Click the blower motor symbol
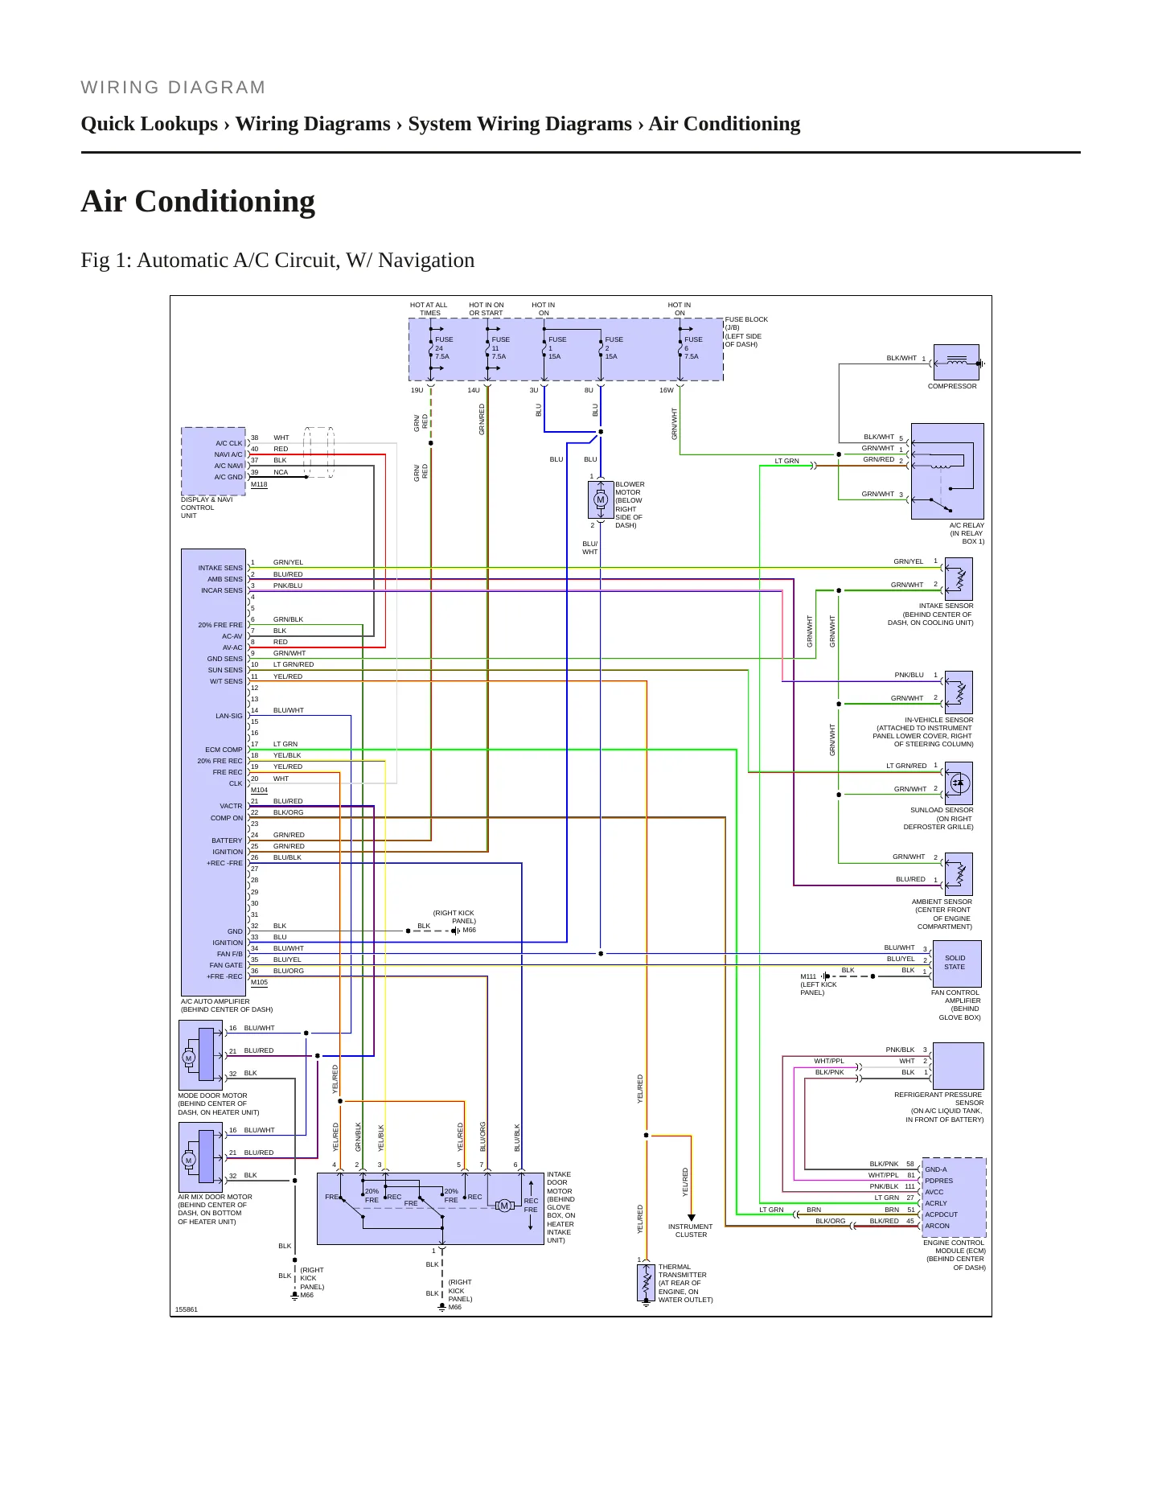601,500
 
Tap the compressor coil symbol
957,363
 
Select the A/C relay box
947,471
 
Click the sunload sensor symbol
959,783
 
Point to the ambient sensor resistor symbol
959,874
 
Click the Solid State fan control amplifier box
957,964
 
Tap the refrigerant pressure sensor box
959,1066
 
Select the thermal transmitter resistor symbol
646,1282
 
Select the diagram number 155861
187,1309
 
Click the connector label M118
259,484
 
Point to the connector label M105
259,982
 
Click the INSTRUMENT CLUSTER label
691,1231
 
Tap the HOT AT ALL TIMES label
429,309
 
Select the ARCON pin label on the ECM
938,1226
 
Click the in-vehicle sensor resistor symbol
959,692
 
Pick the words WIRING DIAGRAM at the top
174,88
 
